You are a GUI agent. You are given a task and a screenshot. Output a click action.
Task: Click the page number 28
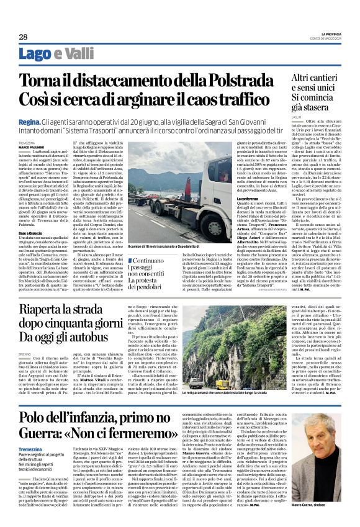coord(23,37)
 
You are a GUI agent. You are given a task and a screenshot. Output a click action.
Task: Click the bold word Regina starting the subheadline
coord(29,123)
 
